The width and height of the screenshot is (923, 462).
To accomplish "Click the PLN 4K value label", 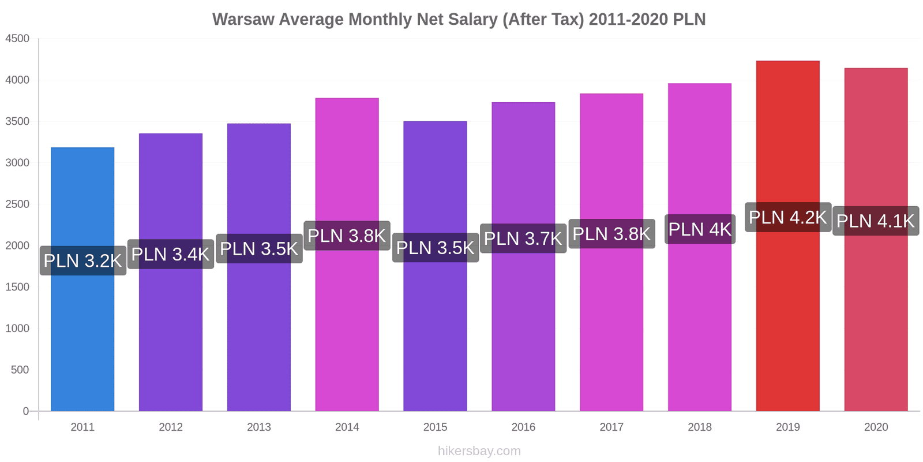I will click(x=700, y=229).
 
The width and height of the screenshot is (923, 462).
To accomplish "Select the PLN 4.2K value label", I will click(x=788, y=218).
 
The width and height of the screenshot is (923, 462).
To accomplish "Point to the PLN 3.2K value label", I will click(x=82, y=260).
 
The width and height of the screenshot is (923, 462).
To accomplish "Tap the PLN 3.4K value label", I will click(x=171, y=254).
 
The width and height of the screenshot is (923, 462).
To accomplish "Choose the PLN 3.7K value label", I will click(x=523, y=239).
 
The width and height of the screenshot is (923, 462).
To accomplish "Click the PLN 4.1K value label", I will click(x=876, y=221).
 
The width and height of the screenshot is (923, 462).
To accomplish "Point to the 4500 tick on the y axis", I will click(x=17, y=39).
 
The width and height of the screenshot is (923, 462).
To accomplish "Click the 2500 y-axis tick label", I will click(x=17, y=204).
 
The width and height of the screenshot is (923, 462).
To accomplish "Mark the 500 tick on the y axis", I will click(x=20, y=370).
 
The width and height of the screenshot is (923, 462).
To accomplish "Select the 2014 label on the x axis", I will click(x=347, y=427).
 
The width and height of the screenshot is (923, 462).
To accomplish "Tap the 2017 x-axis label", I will click(x=611, y=427).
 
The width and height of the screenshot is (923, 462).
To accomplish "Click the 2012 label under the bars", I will click(x=171, y=427).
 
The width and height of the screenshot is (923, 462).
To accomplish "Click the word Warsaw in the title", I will click(x=243, y=20).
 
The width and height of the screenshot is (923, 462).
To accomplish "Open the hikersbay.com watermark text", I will click(x=479, y=451).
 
